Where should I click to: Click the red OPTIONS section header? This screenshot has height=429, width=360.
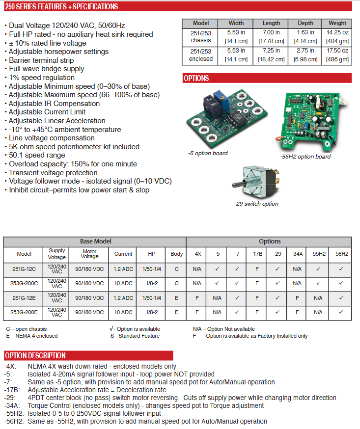[196, 78]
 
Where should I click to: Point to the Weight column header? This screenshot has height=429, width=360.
[337, 23]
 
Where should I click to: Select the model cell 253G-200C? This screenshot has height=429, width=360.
[24, 283]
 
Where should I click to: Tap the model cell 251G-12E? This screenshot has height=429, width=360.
[24, 297]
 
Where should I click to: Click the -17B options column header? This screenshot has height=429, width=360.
[257, 254]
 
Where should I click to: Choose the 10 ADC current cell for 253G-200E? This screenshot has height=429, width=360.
[123, 312]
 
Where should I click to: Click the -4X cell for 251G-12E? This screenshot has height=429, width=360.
[197, 297]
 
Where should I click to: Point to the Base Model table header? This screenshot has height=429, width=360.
[95, 241]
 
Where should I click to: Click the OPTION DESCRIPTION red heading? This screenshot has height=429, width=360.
[35, 355]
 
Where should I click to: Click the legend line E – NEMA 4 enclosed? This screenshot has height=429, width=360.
[32, 336]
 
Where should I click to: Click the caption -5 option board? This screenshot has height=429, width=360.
[208, 153]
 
